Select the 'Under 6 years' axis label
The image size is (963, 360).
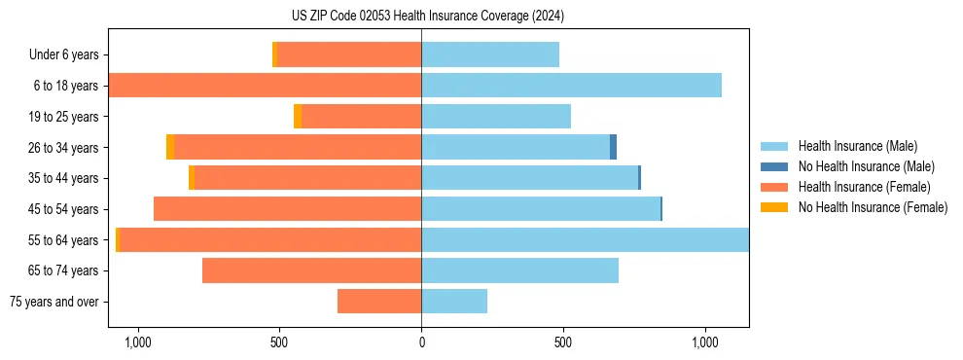64,54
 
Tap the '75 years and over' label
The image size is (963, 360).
53,302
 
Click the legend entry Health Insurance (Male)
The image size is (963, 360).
857,146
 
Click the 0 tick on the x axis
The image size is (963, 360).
421,342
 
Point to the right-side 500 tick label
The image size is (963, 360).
563,342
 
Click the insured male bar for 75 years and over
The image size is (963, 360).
454,302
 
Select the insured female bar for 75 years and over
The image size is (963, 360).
379,302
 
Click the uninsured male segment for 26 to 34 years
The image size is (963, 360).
614,147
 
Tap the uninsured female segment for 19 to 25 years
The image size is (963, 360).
298,117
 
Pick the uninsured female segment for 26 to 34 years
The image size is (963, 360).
170,147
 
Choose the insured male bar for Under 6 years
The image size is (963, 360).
490,54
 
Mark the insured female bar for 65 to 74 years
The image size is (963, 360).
311,270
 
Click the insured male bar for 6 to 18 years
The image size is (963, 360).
571,86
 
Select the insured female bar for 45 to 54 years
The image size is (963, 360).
287,209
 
